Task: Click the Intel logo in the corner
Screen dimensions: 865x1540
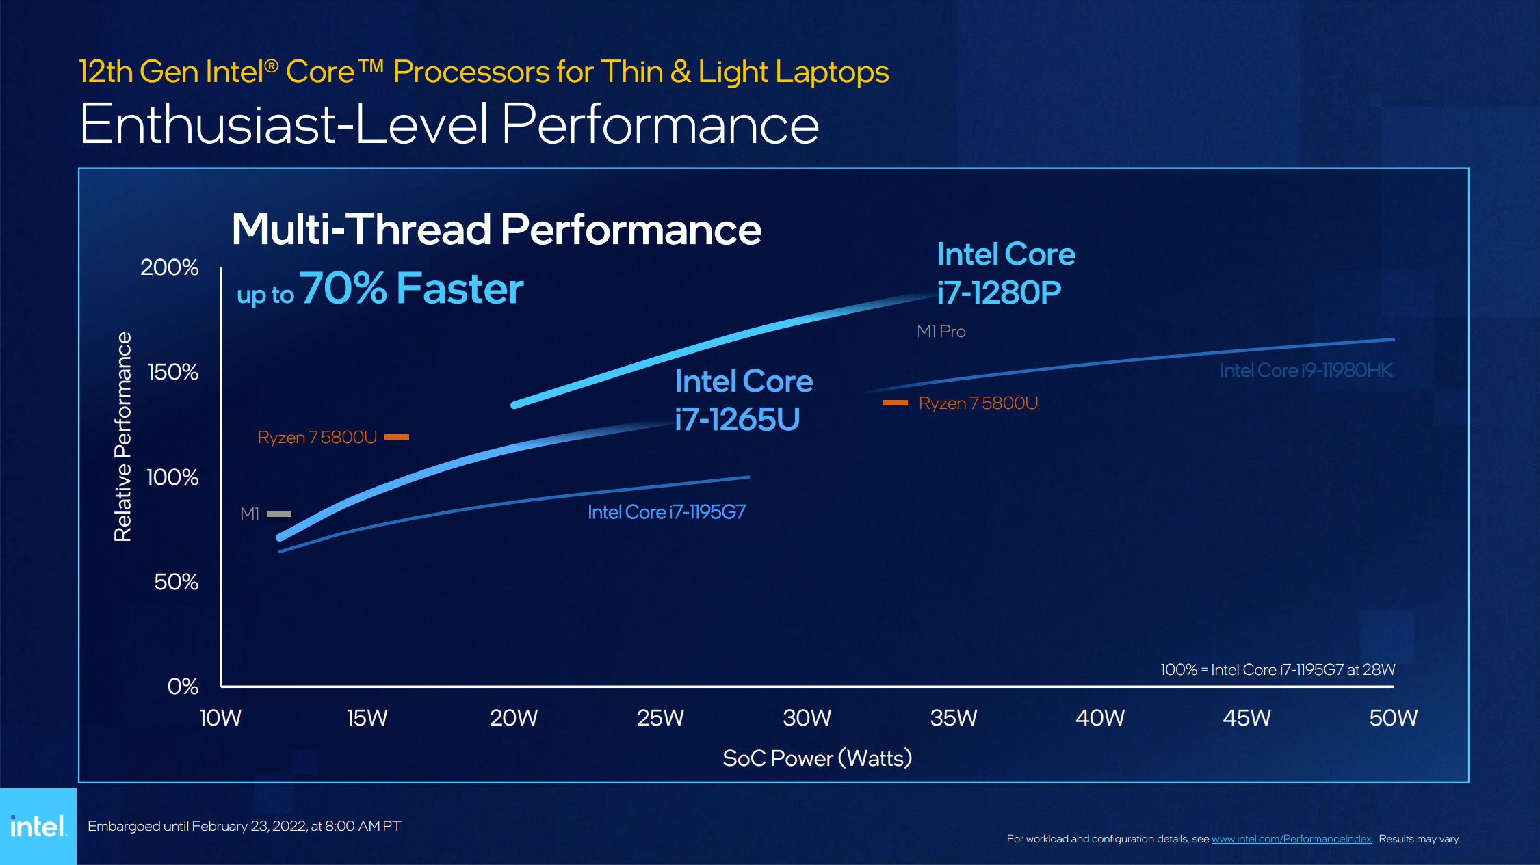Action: click(x=38, y=826)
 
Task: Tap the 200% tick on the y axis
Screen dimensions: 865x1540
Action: click(x=169, y=267)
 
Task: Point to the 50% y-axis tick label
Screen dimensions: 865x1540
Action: click(x=176, y=582)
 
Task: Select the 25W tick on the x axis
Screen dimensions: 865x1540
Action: click(x=660, y=717)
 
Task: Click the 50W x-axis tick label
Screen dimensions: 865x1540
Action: click(x=1393, y=717)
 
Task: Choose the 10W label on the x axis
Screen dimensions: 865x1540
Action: click(x=220, y=717)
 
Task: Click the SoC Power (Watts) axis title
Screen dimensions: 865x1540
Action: click(x=817, y=758)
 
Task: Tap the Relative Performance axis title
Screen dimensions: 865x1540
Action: click(x=122, y=437)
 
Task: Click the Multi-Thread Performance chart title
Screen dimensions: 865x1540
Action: click(x=496, y=229)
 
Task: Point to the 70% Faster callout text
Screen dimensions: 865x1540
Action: click(x=411, y=289)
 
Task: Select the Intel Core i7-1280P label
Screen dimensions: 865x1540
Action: click(x=1005, y=274)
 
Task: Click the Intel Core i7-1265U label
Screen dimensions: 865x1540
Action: click(x=743, y=400)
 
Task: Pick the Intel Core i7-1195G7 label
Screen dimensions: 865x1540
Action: click(x=666, y=512)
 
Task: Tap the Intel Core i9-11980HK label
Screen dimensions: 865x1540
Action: click(x=1306, y=371)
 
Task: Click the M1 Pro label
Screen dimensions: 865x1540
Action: click(x=941, y=332)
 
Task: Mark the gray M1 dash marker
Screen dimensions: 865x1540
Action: click(x=279, y=514)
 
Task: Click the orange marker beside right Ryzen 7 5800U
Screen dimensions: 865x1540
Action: click(x=895, y=403)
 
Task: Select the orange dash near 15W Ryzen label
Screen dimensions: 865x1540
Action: click(x=397, y=437)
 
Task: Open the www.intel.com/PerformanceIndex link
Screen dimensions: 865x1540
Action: click(x=1291, y=839)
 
